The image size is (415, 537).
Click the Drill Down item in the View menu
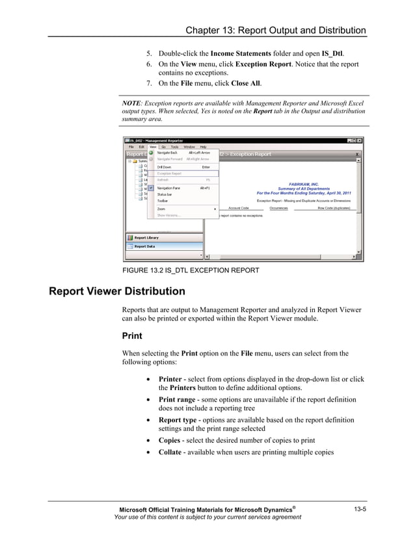pyautogui.click(x=165, y=167)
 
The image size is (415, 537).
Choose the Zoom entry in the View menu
pyautogui.click(x=161, y=209)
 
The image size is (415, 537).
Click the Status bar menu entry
pyautogui.click(x=165, y=194)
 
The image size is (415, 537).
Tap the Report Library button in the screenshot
pyautogui.click(x=146, y=237)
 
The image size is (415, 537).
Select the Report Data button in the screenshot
pyautogui.click(x=144, y=246)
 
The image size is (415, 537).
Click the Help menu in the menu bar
pyautogui.click(x=204, y=146)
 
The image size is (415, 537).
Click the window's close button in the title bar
pyautogui.click(x=360, y=140)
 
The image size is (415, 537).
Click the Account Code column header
pyautogui.click(x=239, y=208)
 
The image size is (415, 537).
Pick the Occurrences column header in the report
pyautogui.click(x=278, y=208)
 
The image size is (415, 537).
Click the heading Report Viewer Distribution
pyautogui.click(x=117, y=291)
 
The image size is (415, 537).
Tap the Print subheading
pyautogui.click(x=133, y=336)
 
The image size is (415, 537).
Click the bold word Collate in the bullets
pyautogui.click(x=172, y=452)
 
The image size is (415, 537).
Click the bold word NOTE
pyautogui.click(x=133, y=103)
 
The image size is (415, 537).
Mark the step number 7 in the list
pyautogui.click(x=148, y=84)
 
